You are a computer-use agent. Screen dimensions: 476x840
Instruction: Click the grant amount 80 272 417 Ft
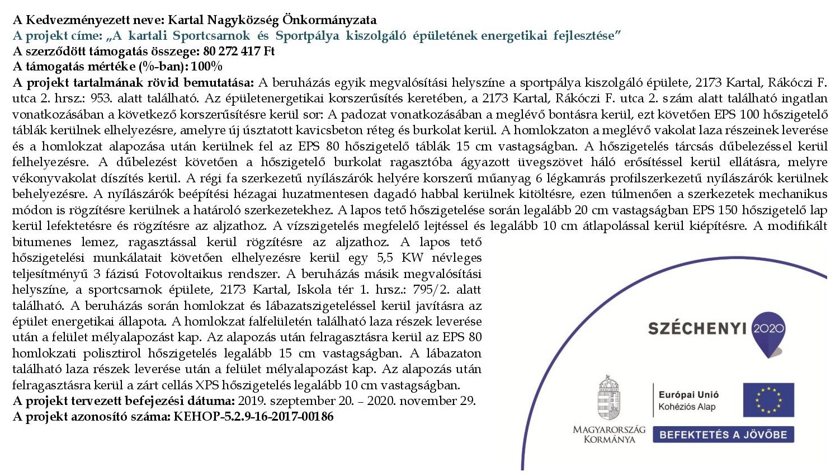tap(239, 51)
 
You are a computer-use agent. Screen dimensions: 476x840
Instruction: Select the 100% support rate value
tap(206, 67)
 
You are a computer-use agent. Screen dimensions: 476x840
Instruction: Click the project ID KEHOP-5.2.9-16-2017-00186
tap(253, 417)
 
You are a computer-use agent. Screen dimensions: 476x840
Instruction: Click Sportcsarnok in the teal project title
tap(211, 36)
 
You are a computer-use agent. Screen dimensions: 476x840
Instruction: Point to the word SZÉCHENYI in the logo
tap(697, 328)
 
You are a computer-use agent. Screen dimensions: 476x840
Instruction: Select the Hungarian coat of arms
tap(608, 398)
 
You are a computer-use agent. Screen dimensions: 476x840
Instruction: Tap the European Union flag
tap(768, 400)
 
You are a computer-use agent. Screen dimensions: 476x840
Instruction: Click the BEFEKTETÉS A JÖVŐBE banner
tap(723, 435)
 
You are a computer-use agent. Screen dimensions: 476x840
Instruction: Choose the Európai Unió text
tap(688, 395)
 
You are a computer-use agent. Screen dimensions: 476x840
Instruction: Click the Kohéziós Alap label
tap(687, 407)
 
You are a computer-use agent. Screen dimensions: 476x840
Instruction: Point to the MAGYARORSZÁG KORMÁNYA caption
tap(608, 434)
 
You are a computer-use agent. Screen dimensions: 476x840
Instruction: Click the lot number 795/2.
tap(431, 290)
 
